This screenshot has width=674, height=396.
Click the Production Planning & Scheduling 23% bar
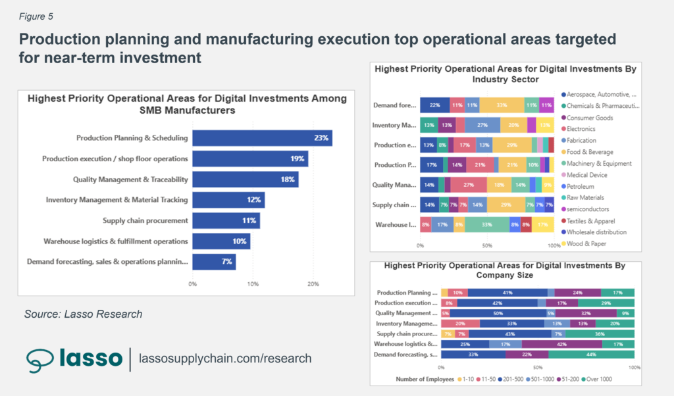[262, 138]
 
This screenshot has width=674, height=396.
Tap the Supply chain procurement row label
[145, 220]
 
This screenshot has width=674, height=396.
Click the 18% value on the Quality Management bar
[288, 180]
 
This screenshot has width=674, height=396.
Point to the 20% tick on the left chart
[313, 284]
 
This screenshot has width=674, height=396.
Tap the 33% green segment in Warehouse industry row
[486, 225]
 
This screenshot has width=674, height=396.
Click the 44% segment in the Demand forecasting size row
[591, 355]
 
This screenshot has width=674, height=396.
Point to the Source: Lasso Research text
[83, 314]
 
